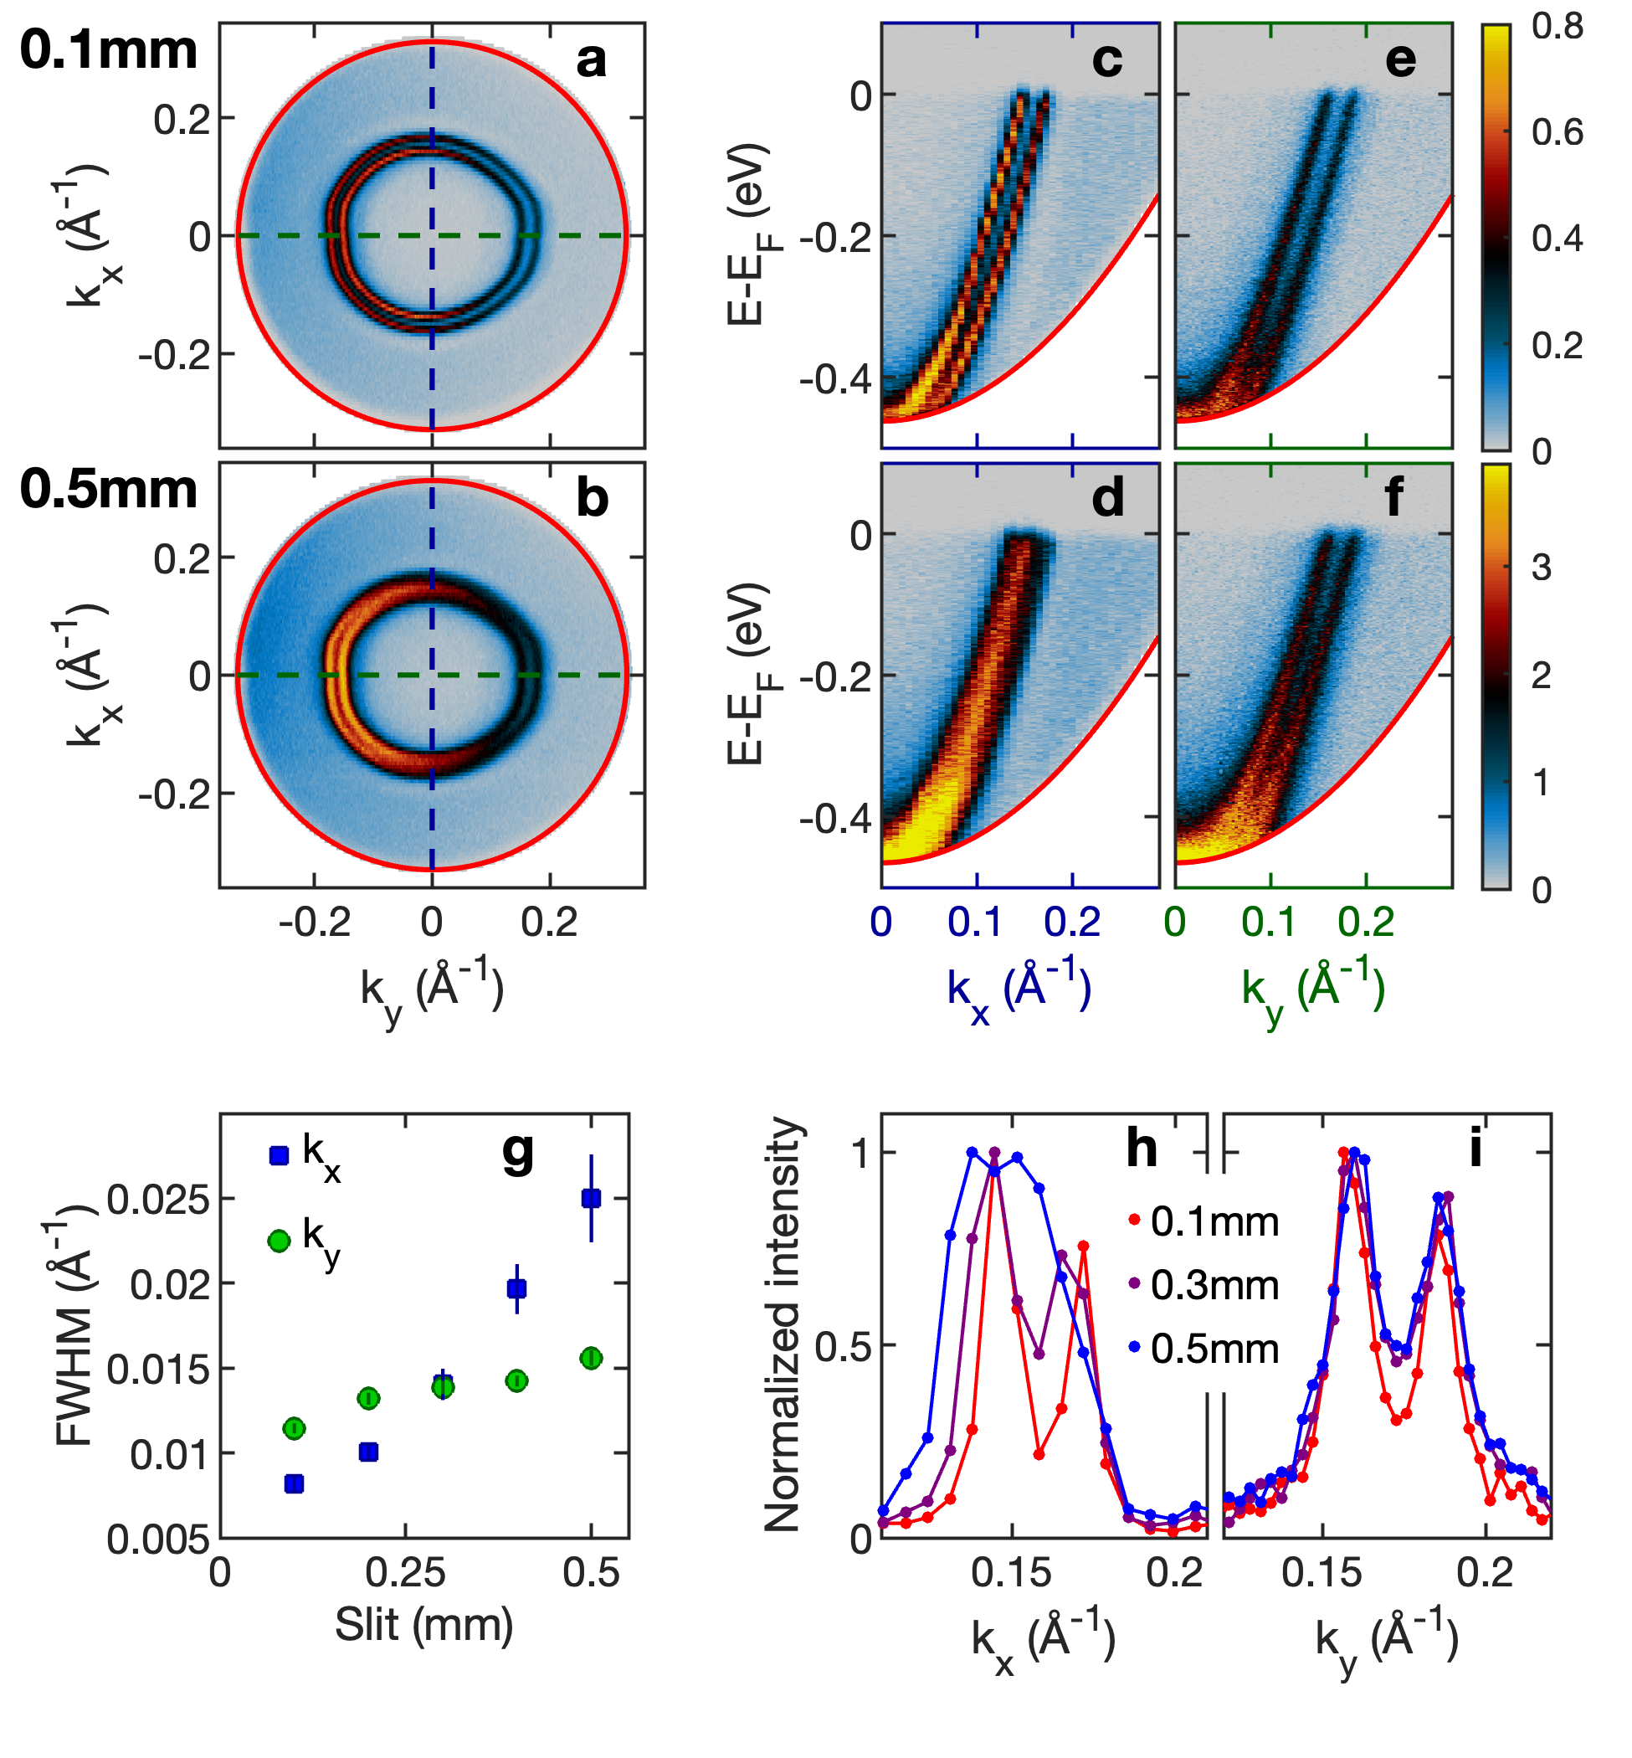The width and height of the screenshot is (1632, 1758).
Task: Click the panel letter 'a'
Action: click(591, 61)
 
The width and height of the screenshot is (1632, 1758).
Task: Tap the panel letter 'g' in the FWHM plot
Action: click(517, 1152)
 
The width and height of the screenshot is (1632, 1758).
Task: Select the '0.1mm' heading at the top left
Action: click(109, 50)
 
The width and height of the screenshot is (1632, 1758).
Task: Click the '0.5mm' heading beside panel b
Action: click(109, 489)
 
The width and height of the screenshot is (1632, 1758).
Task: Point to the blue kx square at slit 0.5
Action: click(591, 1198)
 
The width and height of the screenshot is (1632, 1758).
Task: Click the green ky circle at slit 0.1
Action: click(294, 1427)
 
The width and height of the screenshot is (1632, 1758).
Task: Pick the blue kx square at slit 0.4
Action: click(516, 1289)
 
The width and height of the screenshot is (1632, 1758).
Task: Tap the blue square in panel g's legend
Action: click(279, 1155)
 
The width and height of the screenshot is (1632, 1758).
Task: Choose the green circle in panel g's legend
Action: click(279, 1241)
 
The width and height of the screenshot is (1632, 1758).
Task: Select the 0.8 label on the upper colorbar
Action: click(1558, 28)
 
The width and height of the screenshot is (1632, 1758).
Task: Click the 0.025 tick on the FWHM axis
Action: click(159, 1200)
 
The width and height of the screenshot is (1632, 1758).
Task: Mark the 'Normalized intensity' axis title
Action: click(783, 1325)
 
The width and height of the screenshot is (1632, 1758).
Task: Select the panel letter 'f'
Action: click(1393, 497)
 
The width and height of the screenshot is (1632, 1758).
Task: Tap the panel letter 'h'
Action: click(1141, 1150)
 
